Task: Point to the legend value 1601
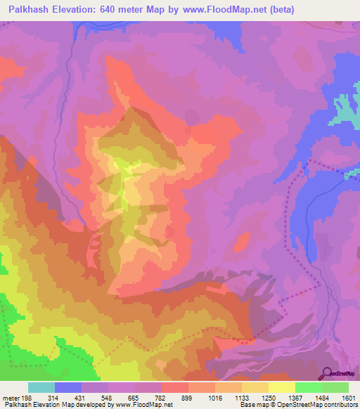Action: (x=348, y=397)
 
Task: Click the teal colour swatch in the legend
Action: (x=41, y=387)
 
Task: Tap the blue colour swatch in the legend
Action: (x=68, y=387)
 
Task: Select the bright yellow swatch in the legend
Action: (x=282, y=387)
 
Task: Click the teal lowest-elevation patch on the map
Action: (x=344, y=109)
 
